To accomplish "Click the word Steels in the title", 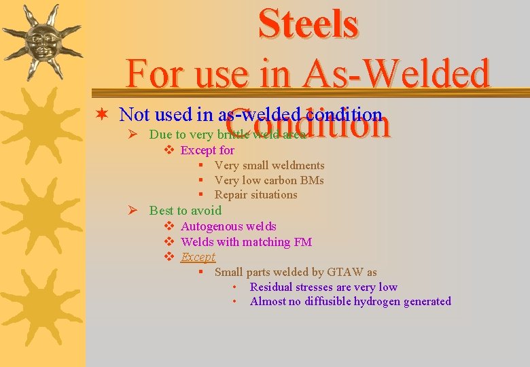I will [x=308, y=24].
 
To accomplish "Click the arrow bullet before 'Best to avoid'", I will [x=134, y=211].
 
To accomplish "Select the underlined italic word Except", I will [x=198, y=257].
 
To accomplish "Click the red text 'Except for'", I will [x=207, y=150].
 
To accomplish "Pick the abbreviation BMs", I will [x=309, y=180].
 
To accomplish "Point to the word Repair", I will [x=231, y=195].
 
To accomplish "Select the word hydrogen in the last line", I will [x=377, y=302].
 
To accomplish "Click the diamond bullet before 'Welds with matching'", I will [x=170, y=242].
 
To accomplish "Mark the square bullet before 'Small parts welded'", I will [x=202, y=273].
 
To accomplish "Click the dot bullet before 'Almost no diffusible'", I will [x=234, y=302].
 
